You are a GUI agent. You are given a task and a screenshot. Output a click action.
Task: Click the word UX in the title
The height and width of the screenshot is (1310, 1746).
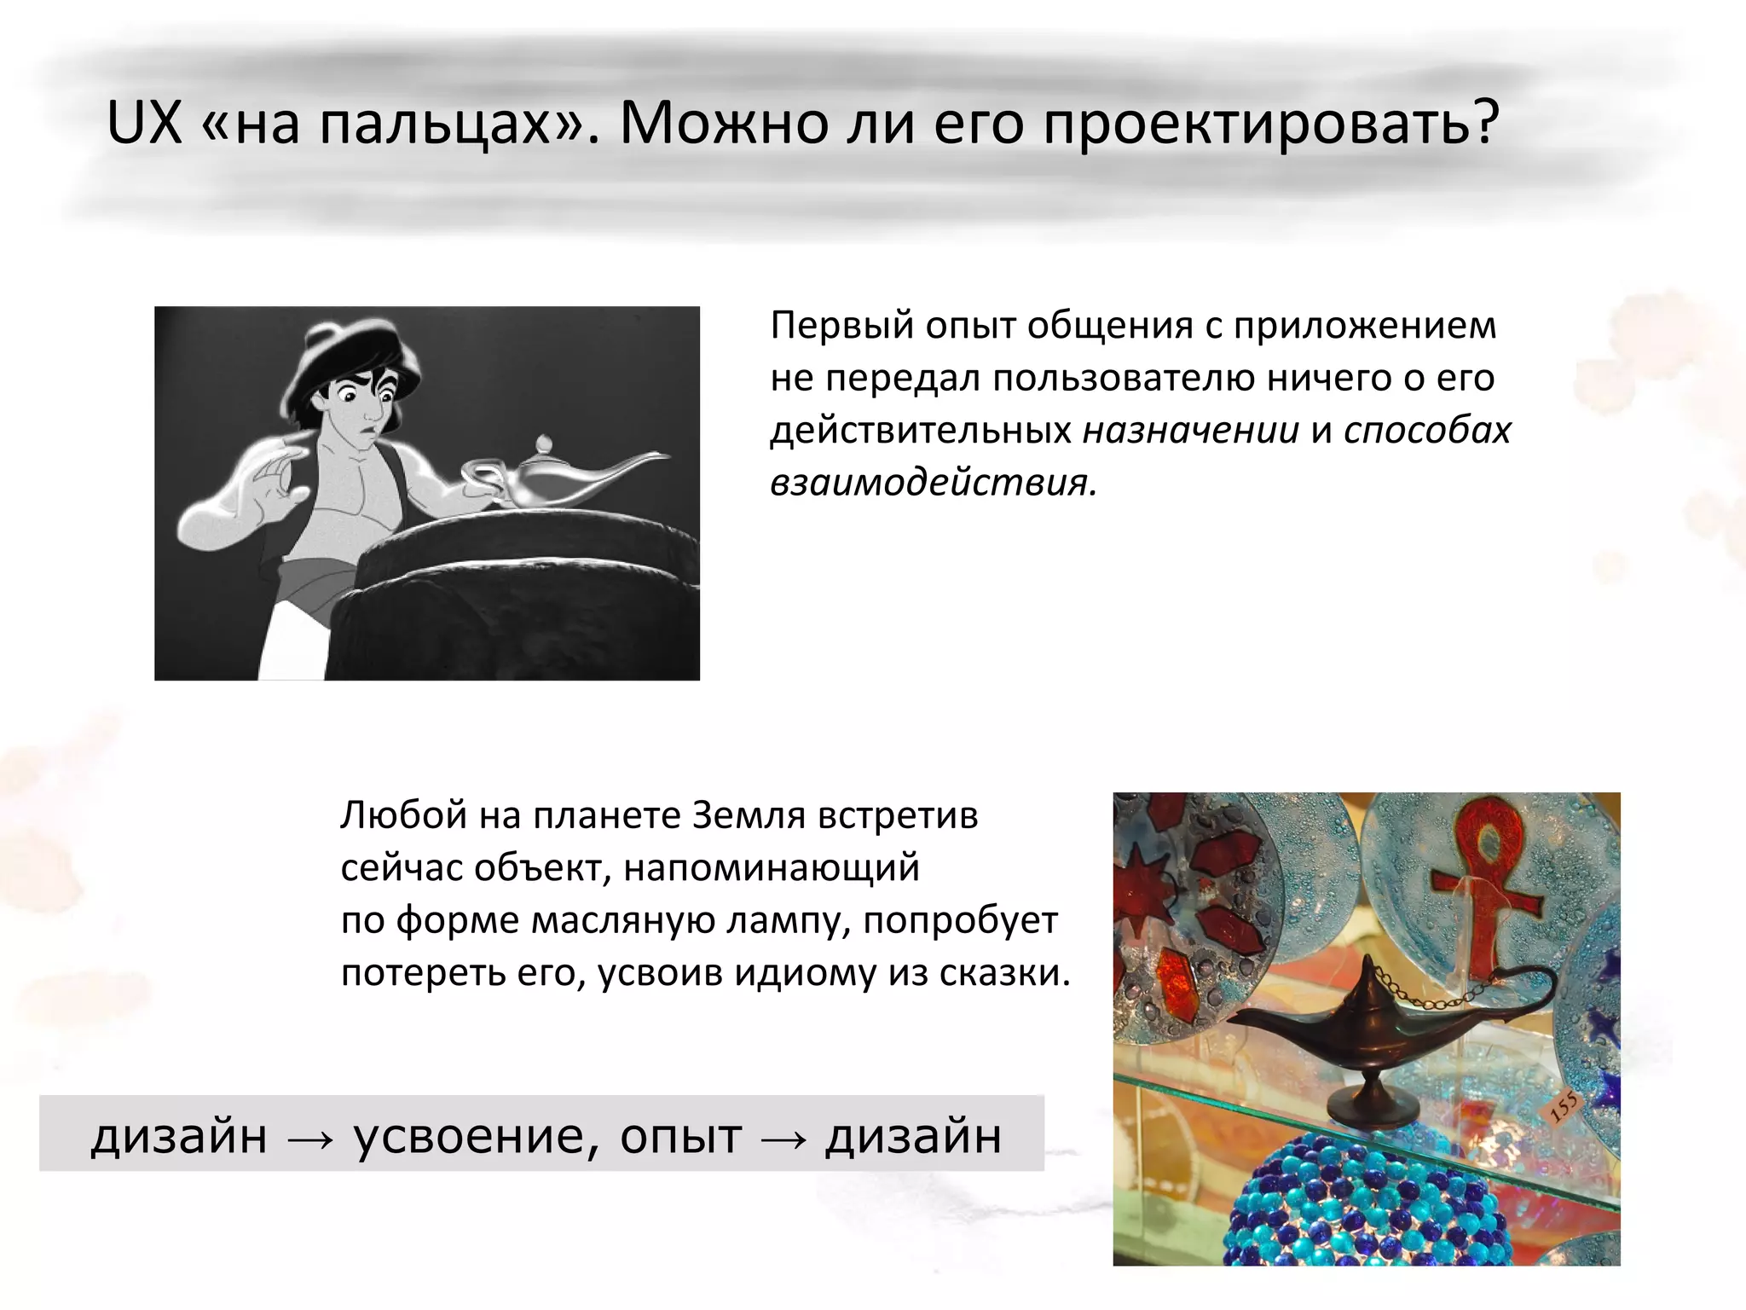144,124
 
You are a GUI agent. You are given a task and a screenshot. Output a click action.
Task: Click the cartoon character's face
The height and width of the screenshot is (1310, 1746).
362,409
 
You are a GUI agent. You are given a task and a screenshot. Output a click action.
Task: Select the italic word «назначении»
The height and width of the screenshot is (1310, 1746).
1191,431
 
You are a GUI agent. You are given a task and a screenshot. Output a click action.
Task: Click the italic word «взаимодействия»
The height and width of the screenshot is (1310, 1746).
934,483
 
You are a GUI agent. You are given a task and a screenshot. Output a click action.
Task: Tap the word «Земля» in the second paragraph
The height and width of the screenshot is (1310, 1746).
748,816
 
